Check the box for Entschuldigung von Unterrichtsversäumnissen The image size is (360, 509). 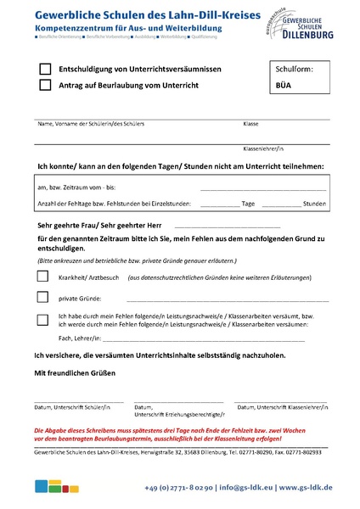[45, 69]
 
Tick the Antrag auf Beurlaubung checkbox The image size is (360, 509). [45, 85]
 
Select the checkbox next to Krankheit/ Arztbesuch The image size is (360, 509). [42, 277]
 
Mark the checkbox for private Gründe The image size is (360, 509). [42, 298]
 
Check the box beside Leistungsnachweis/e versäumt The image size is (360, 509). [42, 319]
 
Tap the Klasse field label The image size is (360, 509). [250, 124]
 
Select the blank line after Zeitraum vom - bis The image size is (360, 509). [263, 188]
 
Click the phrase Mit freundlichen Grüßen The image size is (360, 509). [74, 373]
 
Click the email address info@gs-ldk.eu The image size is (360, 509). [250, 488]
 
